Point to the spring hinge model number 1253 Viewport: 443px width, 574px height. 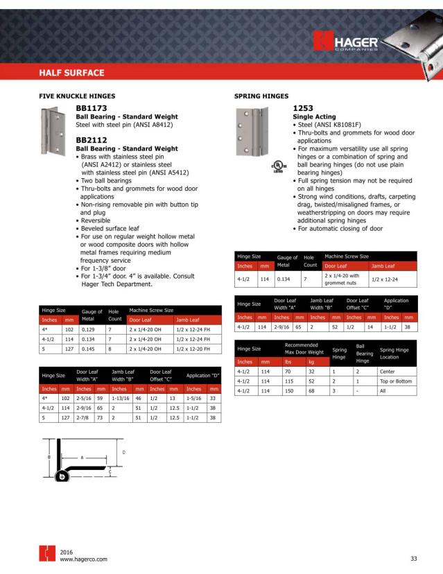304,109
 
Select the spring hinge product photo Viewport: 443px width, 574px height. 253,132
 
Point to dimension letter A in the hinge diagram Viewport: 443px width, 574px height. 82,458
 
